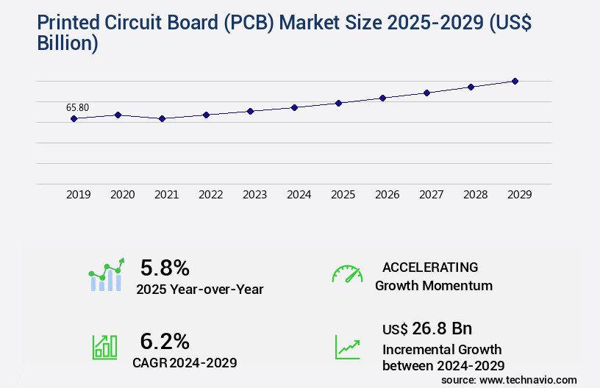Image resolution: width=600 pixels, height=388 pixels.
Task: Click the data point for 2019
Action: click(x=74, y=118)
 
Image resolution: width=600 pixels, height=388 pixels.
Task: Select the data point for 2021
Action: click(x=162, y=118)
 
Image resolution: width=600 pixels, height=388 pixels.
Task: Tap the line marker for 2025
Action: click(x=338, y=103)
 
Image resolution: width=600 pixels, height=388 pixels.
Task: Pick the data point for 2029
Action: click(x=515, y=81)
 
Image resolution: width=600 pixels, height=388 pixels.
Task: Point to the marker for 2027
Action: click(x=426, y=93)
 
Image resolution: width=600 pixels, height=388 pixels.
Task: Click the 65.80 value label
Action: click(x=77, y=107)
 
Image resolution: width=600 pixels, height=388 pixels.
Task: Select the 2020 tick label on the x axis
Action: click(x=122, y=195)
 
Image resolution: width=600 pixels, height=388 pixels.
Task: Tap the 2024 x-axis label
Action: click(x=299, y=195)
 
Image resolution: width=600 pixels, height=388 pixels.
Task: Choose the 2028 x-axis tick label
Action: click(x=475, y=195)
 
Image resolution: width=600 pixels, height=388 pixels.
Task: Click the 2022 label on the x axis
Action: click(x=210, y=195)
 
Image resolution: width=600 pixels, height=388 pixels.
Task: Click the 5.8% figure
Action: click(x=165, y=267)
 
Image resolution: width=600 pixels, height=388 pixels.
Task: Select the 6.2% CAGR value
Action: click(x=165, y=341)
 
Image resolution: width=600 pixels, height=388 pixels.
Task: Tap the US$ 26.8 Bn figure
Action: click(x=427, y=328)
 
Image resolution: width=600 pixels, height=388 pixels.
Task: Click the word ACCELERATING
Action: click(x=430, y=267)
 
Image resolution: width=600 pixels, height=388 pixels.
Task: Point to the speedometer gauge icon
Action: click(x=347, y=274)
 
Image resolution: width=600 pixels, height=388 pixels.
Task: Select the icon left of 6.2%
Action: click(x=104, y=347)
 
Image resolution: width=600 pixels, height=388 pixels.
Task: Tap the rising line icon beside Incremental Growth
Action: click(x=347, y=347)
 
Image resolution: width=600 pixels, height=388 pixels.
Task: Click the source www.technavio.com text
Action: click(x=509, y=379)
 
